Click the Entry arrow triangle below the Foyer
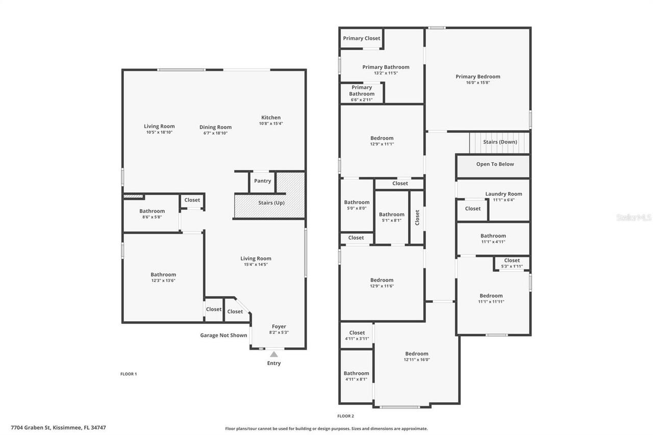click(274, 354)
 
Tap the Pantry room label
click(263, 181)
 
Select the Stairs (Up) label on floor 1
click(271, 203)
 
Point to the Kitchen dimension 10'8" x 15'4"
click(271, 123)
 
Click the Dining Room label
click(215, 127)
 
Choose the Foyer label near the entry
click(279, 326)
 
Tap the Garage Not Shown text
click(223, 335)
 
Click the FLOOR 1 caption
click(129, 374)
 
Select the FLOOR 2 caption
click(345, 416)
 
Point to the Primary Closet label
click(362, 38)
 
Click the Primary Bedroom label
click(478, 76)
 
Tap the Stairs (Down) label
click(500, 142)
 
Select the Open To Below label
click(495, 164)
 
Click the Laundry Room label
click(504, 194)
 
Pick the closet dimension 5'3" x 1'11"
click(512, 266)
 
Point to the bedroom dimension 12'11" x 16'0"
click(417, 360)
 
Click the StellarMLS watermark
click(634, 217)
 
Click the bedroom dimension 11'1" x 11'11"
click(491, 301)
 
